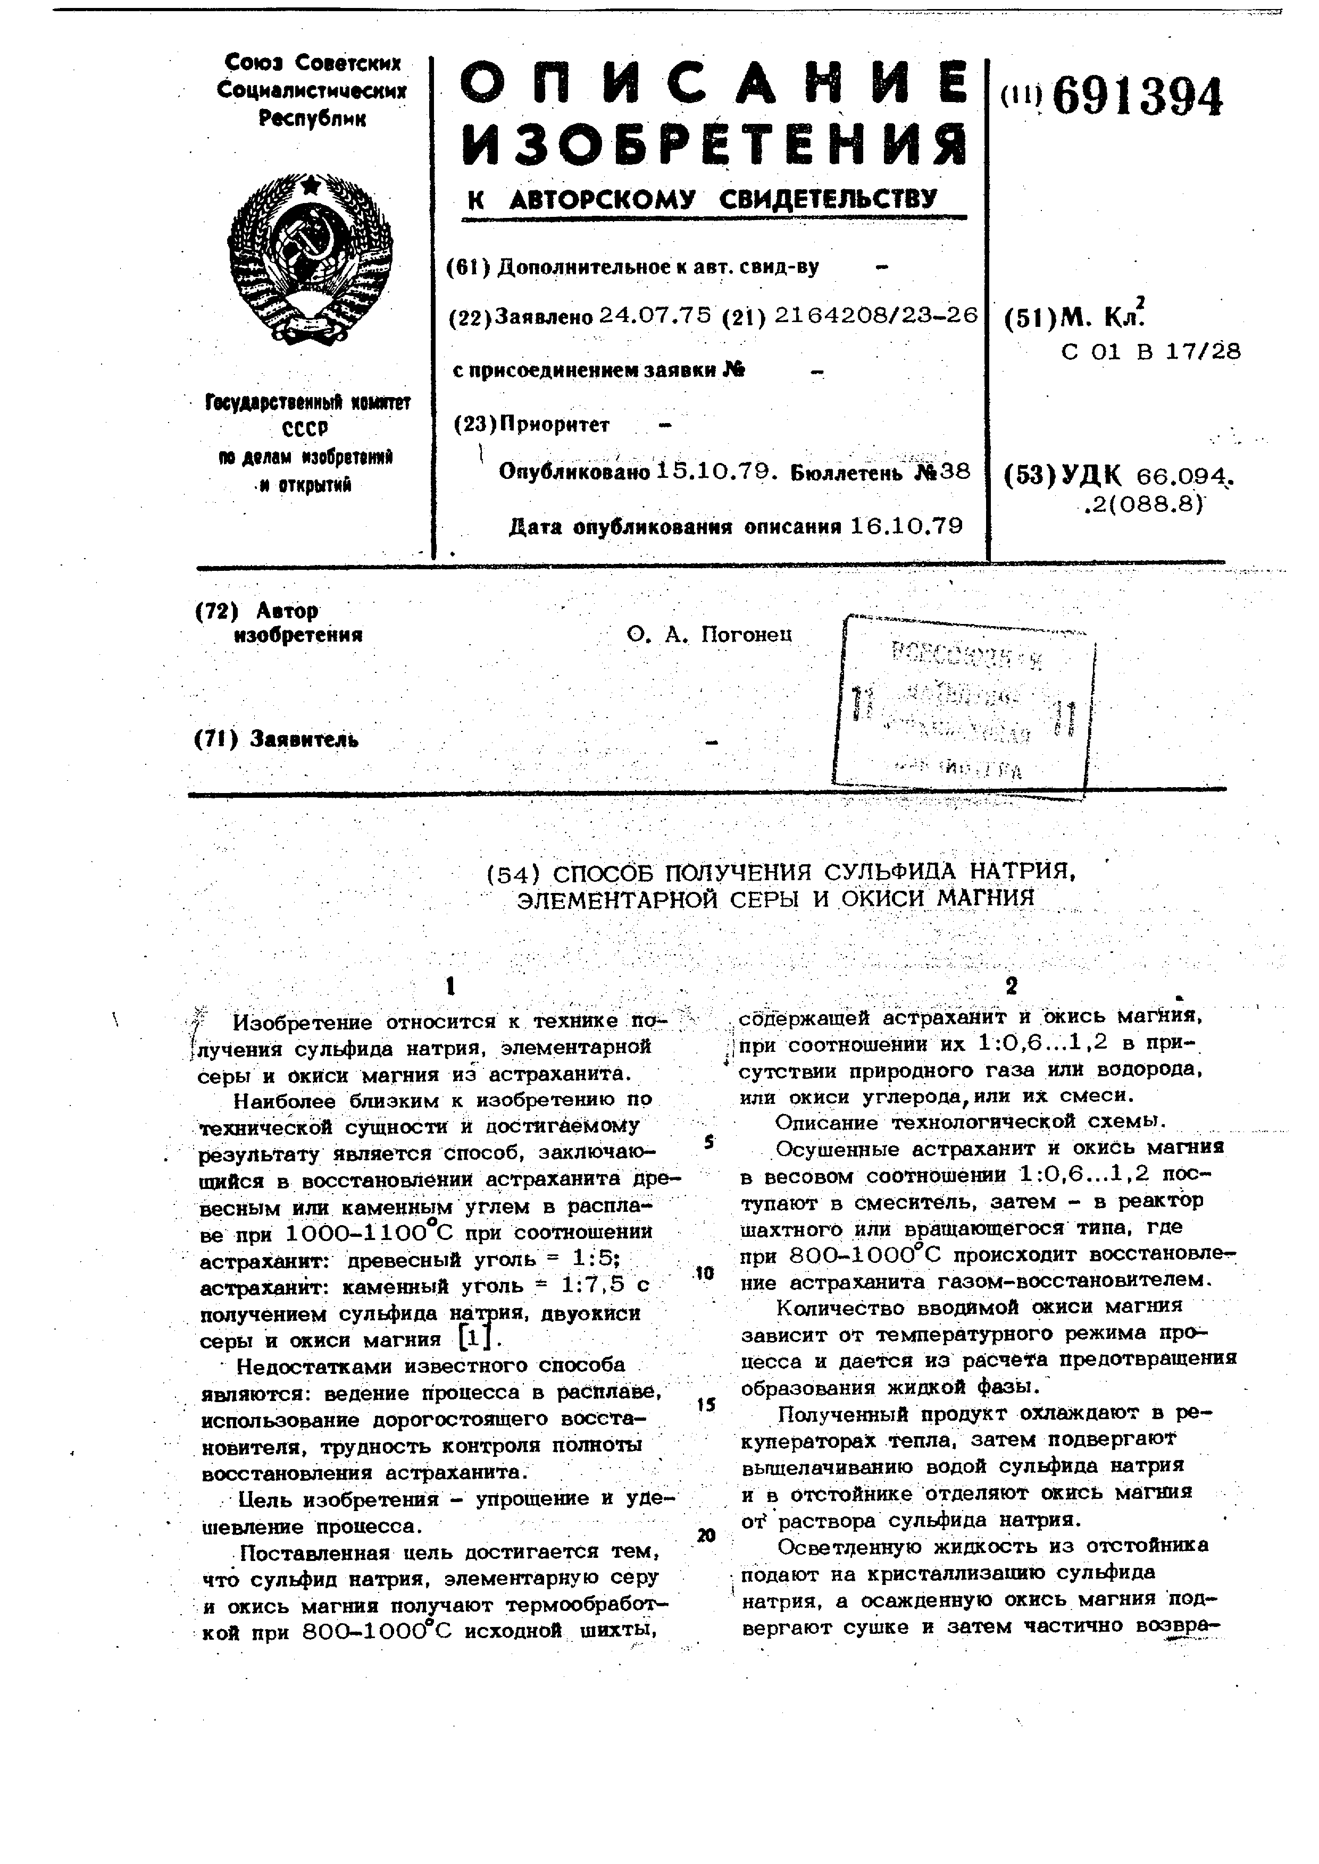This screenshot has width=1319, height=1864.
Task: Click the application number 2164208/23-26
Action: (875, 315)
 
